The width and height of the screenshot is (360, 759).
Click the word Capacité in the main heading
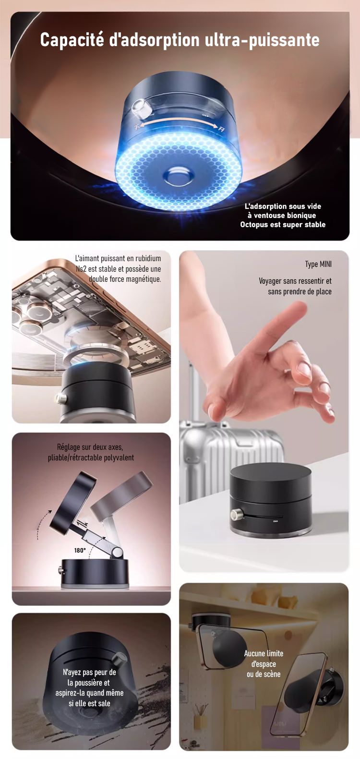[72, 40]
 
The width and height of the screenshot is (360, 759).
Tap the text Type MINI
[318, 265]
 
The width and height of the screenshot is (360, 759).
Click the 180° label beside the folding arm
[80, 550]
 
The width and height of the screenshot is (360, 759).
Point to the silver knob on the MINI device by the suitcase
[235, 515]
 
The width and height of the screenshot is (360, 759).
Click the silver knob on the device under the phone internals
[61, 399]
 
